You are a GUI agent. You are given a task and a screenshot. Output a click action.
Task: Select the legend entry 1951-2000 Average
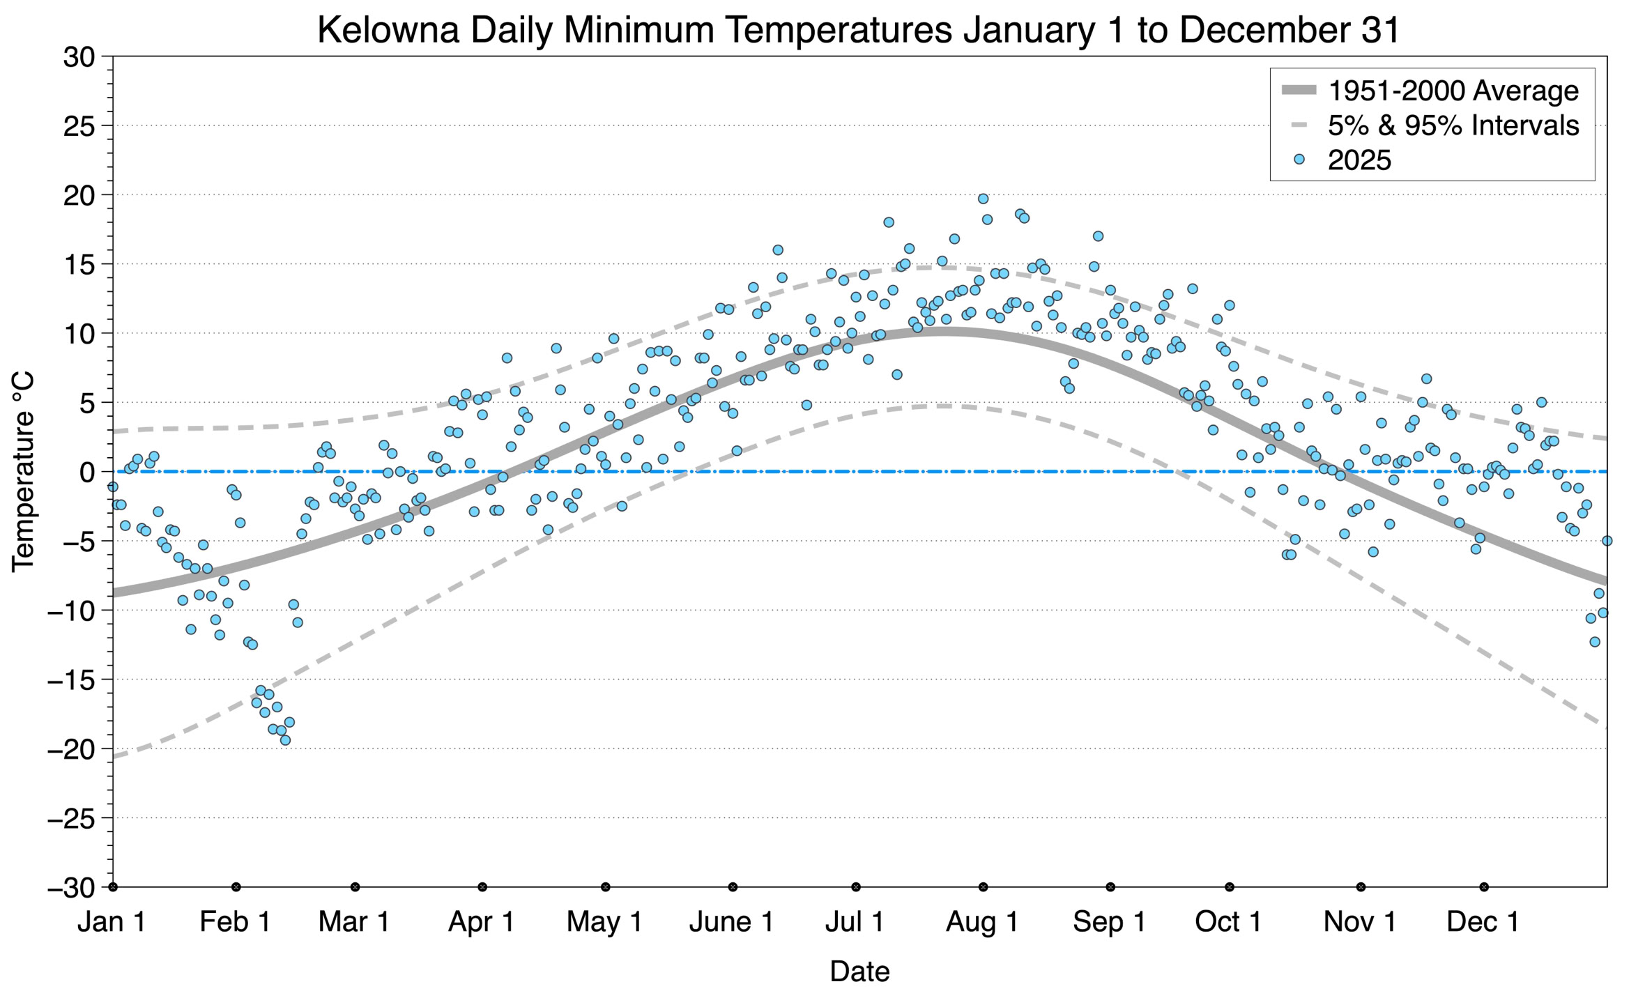1453,91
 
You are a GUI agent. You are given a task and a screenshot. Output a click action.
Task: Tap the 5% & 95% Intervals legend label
1453,125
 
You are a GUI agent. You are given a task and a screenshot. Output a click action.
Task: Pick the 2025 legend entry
1359,160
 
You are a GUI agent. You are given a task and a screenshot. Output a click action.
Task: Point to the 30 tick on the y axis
79,57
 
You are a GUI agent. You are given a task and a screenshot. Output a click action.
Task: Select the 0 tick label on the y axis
87,473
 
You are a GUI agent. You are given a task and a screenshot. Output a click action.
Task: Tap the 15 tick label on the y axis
79,265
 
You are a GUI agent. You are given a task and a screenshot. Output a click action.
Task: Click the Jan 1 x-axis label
112,922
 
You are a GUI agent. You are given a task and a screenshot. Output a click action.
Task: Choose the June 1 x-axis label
731,922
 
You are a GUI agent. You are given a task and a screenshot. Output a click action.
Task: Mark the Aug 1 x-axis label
982,922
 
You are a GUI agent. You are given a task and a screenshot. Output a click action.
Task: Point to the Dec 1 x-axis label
1483,922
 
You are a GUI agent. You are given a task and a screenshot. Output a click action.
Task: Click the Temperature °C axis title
23,472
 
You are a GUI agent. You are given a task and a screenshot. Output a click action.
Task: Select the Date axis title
859,972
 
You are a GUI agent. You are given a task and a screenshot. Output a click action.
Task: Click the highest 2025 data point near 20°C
983,199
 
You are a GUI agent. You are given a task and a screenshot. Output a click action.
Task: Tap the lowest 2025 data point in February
285,740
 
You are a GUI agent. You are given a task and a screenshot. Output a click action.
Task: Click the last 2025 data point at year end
1607,541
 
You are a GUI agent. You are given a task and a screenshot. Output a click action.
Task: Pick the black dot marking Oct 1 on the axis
1230,887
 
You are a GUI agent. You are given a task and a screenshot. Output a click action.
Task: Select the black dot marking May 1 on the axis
606,887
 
